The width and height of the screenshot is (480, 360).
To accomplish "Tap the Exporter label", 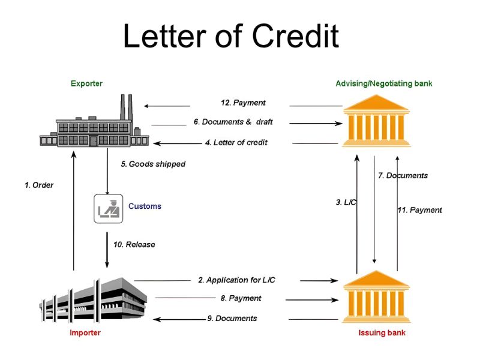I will (x=86, y=83).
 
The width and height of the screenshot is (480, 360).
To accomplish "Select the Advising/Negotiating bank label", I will (x=383, y=83).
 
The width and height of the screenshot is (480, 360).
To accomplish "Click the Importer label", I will (x=85, y=332).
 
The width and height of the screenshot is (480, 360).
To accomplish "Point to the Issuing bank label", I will (x=382, y=332).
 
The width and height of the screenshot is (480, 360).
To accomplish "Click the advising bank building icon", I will (x=376, y=125).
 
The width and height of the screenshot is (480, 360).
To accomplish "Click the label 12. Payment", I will (x=243, y=103).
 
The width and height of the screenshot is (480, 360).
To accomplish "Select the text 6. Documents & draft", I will (x=233, y=122).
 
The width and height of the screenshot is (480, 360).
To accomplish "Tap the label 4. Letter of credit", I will (x=236, y=143).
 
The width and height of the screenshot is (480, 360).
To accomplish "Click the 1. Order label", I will (x=39, y=185).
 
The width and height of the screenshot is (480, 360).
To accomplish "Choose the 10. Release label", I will (x=134, y=244).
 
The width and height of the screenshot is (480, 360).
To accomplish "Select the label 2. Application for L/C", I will (x=236, y=280).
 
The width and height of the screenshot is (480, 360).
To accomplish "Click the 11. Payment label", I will (x=419, y=210).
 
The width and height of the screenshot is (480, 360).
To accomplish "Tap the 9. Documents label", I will (x=232, y=318).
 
